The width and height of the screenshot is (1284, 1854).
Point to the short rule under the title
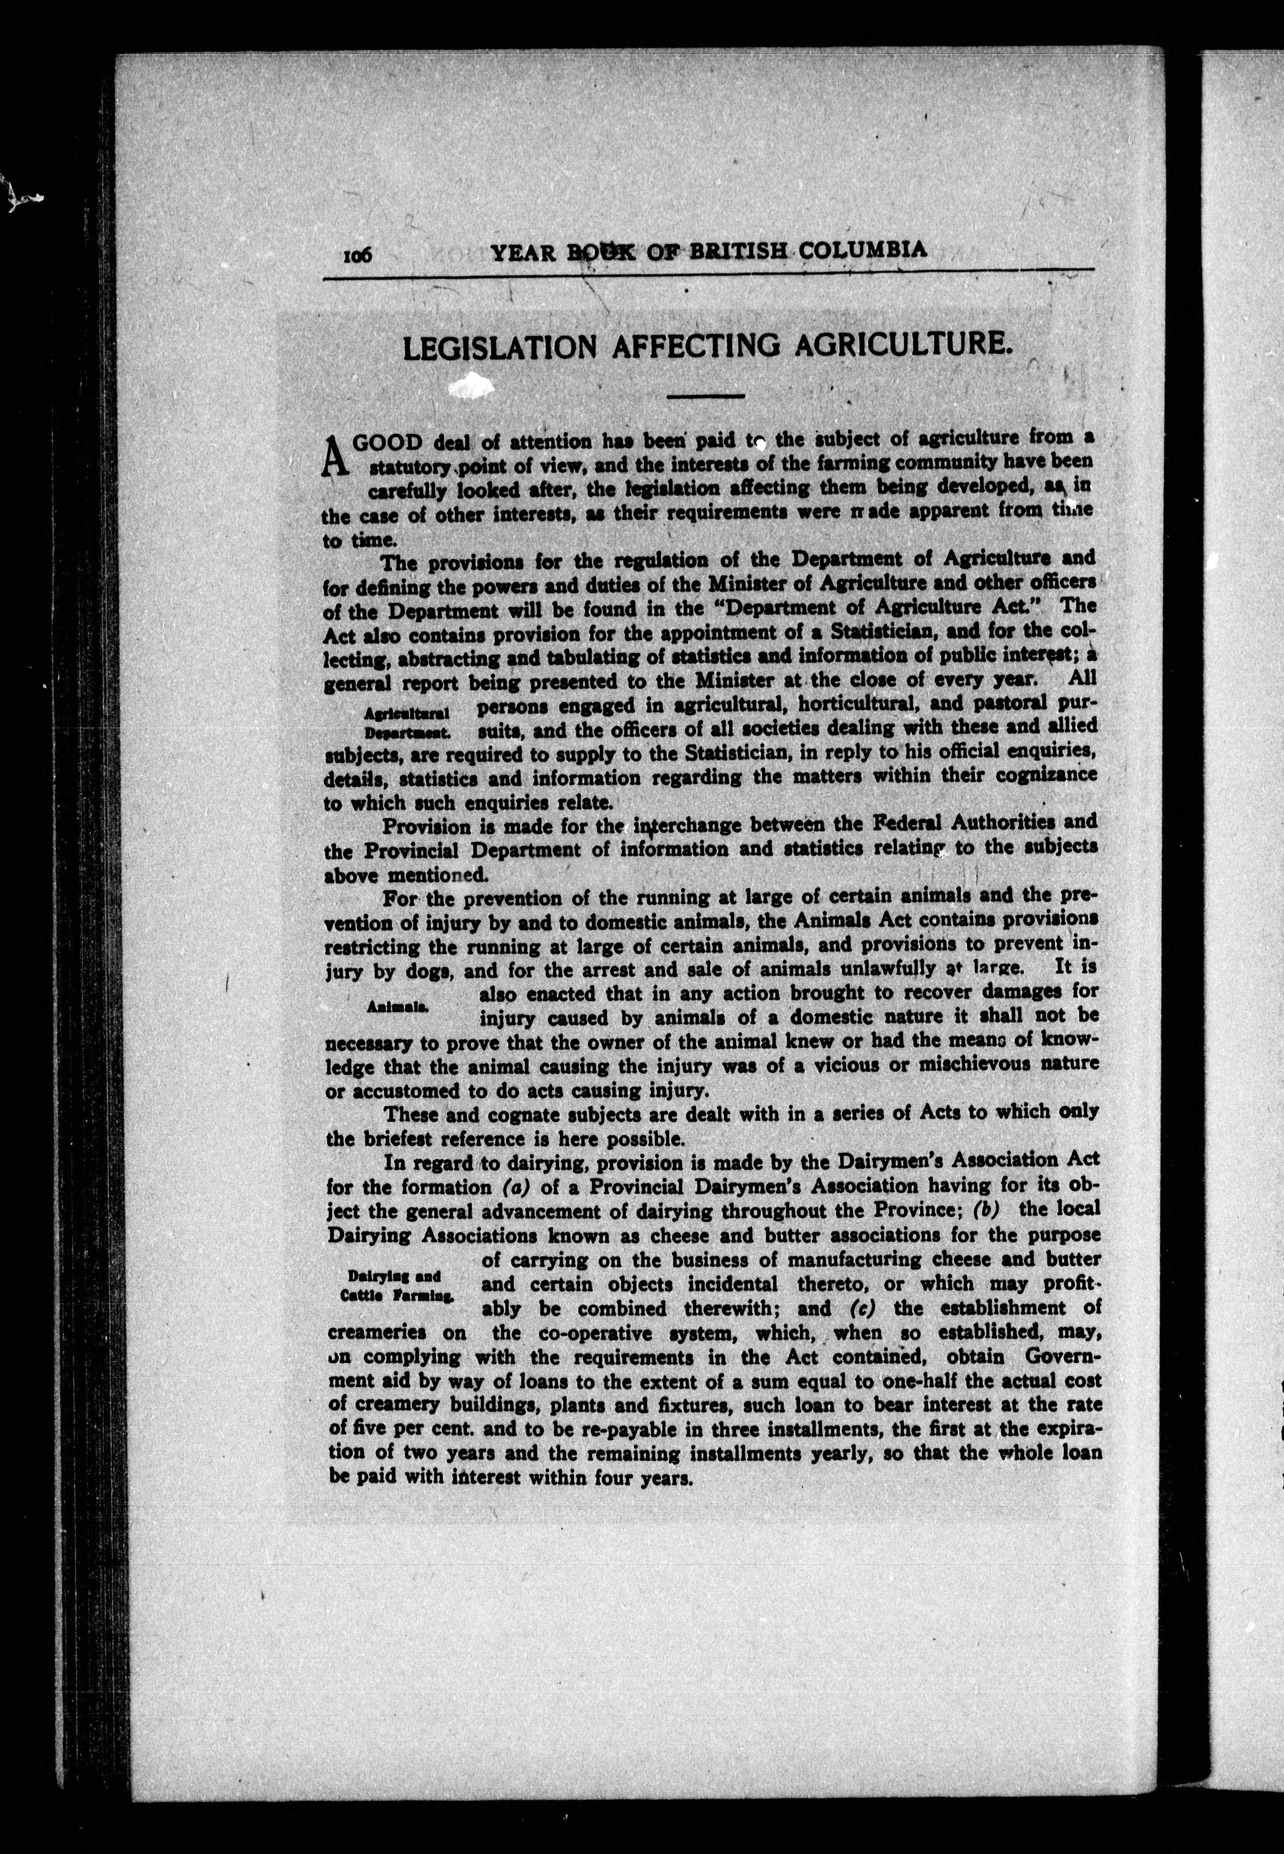[x=706, y=395]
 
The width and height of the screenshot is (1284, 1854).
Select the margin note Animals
[x=397, y=1007]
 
